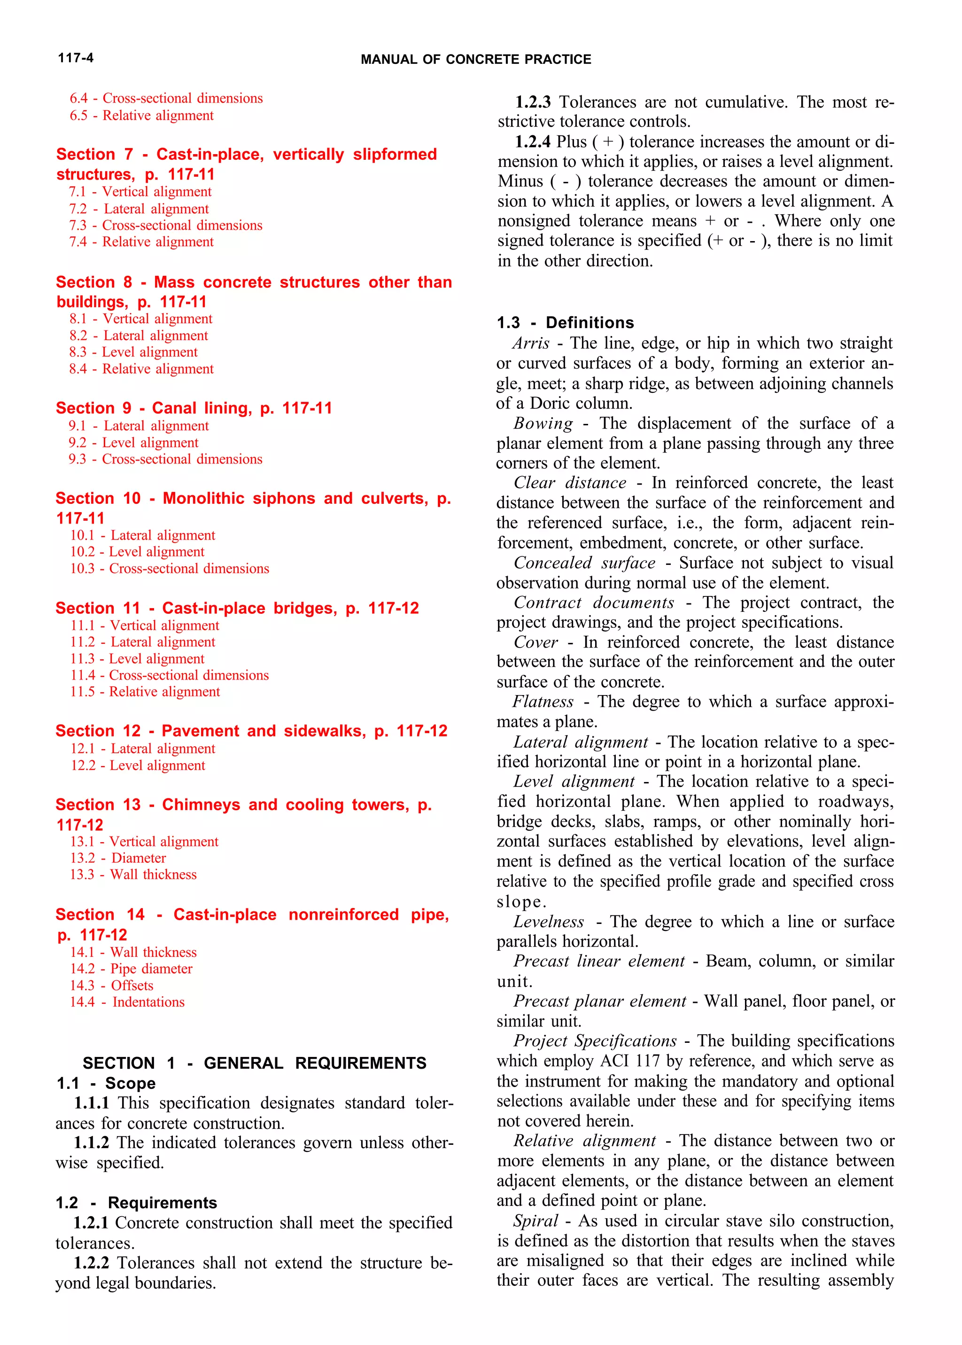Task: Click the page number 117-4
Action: coord(75,57)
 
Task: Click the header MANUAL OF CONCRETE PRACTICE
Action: coord(476,59)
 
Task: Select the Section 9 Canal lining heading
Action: coord(194,408)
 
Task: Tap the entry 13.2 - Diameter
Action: coord(118,858)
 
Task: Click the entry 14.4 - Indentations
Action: coord(127,1002)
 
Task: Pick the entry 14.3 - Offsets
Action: coord(111,985)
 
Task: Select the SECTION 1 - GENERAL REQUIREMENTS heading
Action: coord(254,1063)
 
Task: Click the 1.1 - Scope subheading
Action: coord(106,1083)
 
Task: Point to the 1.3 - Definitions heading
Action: coord(565,322)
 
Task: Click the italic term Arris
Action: coord(531,343)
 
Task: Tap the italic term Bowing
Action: coord(543,423)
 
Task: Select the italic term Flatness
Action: coord(543,702)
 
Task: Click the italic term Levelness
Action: coord(549,922)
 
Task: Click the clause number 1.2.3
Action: coord(533,102)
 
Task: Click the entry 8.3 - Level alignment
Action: coord(133,352)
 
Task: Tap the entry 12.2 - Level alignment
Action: coord(138,766)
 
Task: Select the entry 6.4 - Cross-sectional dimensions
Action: coord(166,98)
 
